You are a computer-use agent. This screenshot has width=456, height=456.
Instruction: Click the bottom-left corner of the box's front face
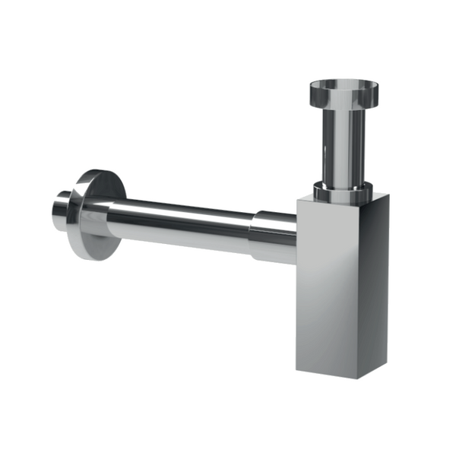pyautogui.click(x=297, y=370)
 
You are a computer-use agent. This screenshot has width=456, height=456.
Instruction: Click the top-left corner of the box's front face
pyautogui.click(x=297, y=199)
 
